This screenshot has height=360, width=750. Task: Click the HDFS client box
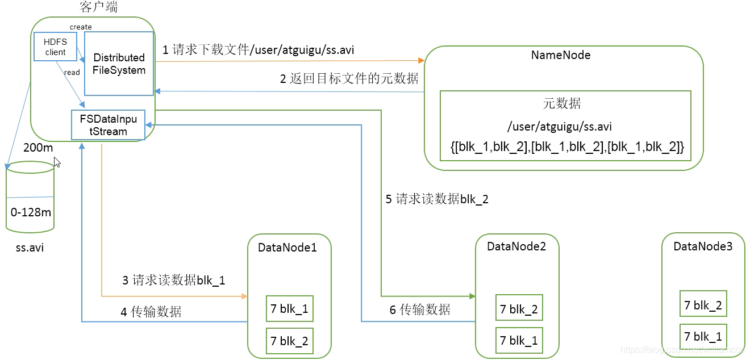55,47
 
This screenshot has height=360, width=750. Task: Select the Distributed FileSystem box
119,64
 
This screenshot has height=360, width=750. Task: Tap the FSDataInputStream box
108,124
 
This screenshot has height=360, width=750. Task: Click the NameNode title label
560,55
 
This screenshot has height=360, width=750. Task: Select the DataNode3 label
703,246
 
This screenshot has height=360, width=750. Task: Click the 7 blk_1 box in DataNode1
289,309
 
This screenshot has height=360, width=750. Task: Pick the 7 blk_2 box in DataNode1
289,341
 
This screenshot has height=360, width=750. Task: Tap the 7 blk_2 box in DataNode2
519,309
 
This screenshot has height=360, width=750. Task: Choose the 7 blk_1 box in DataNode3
703,336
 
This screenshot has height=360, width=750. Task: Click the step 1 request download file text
259,50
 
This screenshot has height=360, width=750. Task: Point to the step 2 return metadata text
349,79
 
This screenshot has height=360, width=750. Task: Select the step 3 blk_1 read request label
173,280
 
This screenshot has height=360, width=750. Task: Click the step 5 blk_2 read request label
437,199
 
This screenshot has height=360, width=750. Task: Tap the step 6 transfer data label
420,309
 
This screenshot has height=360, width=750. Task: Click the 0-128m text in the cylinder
31,212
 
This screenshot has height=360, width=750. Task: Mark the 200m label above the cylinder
38,148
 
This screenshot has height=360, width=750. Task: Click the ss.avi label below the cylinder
30,248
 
